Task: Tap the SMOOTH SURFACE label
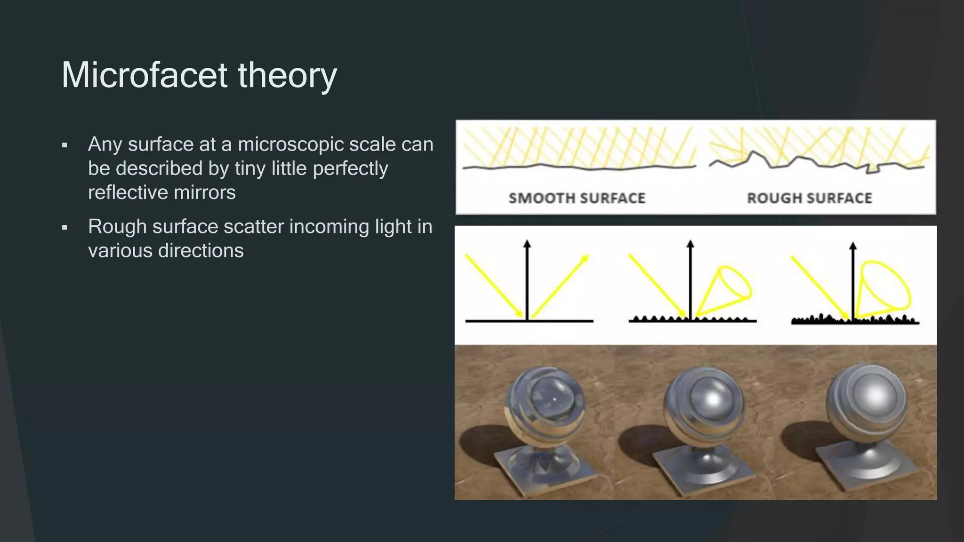(x=577, y=198)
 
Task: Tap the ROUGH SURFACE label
(x=810, y=198)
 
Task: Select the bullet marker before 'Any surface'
(x=64, y=145)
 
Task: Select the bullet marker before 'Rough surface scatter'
(x=64, y=228)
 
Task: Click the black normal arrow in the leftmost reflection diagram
(x=527, y=278)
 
